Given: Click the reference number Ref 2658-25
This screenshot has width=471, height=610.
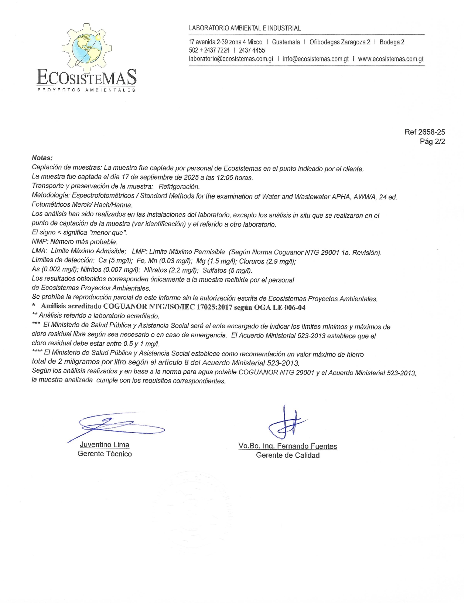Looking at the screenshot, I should pos(424,132).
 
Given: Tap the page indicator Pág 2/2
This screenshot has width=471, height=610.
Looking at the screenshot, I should pos(432,141).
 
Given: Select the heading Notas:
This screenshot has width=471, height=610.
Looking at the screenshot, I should pos(42,158).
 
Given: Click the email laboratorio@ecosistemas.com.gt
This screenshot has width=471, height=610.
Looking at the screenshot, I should pos(231,59).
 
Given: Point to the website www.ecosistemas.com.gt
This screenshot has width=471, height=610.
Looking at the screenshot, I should pos(390,59).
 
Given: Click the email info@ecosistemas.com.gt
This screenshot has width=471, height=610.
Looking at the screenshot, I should pos(315,59).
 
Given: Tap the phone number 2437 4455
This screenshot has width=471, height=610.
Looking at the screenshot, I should pos(252,50).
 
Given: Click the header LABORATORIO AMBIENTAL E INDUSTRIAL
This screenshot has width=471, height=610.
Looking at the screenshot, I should pos(245,28).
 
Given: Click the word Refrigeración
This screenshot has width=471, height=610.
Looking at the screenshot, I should pos(179,187).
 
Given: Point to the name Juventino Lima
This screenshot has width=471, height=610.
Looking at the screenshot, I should pos(105,445).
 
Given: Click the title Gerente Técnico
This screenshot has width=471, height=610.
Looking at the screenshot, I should pos(105,454).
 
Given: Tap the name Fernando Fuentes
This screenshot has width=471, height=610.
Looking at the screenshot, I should pos(307,446).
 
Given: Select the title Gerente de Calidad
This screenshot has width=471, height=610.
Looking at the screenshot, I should pos(288,455).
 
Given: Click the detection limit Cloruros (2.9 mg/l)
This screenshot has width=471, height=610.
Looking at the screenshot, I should pos(267,261).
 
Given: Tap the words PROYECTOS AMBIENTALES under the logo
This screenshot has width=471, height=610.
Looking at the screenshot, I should pos(86,90).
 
